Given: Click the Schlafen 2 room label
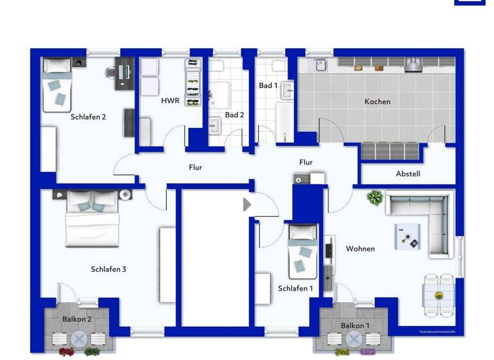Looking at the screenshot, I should (x=88, y=117).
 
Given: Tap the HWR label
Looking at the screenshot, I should (x=170, y=100).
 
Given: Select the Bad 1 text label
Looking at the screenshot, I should (x=268, y=85).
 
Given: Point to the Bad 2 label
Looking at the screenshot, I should (x=234, y=115).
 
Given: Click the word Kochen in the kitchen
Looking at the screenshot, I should (x=377, y=101).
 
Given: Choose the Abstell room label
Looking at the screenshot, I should (x=408, y=174).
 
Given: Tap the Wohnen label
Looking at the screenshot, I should (x=360, y=248).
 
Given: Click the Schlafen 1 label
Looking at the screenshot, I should (x=295, y=289).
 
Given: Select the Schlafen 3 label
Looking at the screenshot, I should (x=108, y=269).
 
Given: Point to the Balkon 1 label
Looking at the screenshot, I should (x=354, y=325).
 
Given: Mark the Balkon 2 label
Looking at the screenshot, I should (x=77, y=319).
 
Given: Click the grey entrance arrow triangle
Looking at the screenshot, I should (x=247, y=204).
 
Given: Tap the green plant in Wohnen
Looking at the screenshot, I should (x=374, y=197).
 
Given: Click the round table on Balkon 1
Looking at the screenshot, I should (x=354, y=339).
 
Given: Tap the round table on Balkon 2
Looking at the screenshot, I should (x=78, y=339).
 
